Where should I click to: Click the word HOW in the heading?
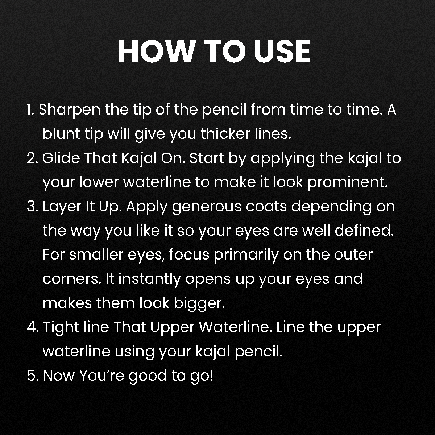tap(156, 52)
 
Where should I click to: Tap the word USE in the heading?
tap(282, 52)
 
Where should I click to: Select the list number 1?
tap(30, 109)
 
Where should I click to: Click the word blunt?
tap(62, 134)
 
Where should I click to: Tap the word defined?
tap(364, 231)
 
